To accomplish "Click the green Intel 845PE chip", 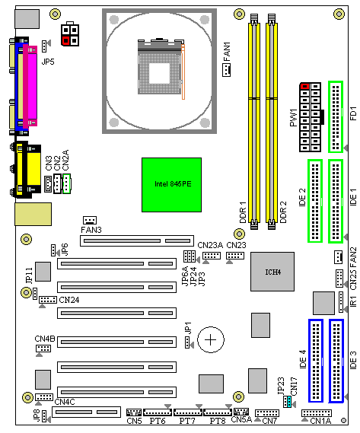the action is coord(171,185).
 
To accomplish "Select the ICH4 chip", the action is coord(272,272).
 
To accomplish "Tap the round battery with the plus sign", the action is coord(211,339).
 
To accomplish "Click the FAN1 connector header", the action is coord(226,70).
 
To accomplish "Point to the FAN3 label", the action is coord(91,230).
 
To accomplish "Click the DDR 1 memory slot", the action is coord(254,122).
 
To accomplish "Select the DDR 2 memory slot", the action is coord(272,122).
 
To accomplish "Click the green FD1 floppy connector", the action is coord(336,116).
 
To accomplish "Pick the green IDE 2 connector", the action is coord(315,201).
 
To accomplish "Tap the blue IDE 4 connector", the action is coord(316,361).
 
